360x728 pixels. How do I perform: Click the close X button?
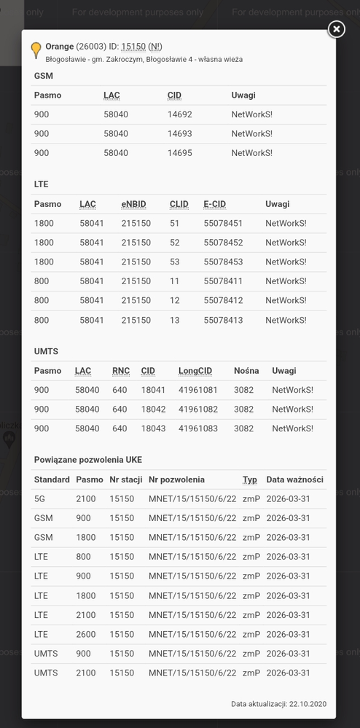tap(336, 28)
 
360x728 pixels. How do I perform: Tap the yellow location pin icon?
tap(36, 50)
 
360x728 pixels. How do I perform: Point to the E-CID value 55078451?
tap(223, 223)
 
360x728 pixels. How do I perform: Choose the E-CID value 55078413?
tap(223, 320)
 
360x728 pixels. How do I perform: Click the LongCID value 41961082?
tap(198, 410)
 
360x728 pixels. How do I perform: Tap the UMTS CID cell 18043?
tap(153, 428)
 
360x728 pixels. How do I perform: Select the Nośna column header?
tap(246, 371)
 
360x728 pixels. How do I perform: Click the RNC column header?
tap(121, 371)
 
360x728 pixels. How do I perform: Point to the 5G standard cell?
tap(39, 498)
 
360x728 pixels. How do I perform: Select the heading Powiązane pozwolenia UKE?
tap(88, 460)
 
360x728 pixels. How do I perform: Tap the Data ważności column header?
tap(294, 480)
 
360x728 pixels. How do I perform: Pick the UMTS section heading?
tap(46, 351)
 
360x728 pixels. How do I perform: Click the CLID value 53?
tap(175, 262)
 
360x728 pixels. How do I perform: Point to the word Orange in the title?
tap(59, 47)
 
